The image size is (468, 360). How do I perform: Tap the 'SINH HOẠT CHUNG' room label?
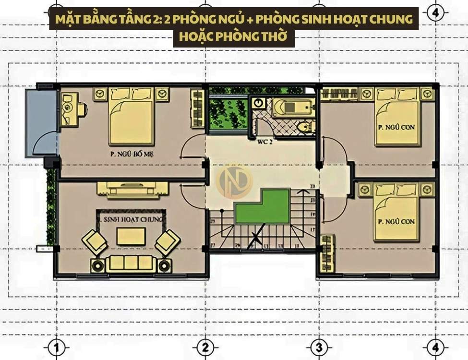coord(131,219)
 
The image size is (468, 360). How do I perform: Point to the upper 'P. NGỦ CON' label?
coord(396,127)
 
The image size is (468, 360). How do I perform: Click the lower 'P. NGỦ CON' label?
coord(396,221)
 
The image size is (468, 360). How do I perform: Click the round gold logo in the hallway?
coord(234,182)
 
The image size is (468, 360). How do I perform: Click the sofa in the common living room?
coord(131,263)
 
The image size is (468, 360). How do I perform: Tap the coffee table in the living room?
coord(131,236)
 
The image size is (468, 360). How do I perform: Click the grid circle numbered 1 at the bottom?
coord(57,347)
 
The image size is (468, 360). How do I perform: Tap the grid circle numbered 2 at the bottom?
coord(205,347)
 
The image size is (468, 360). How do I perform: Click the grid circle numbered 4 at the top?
coord(435,13)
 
